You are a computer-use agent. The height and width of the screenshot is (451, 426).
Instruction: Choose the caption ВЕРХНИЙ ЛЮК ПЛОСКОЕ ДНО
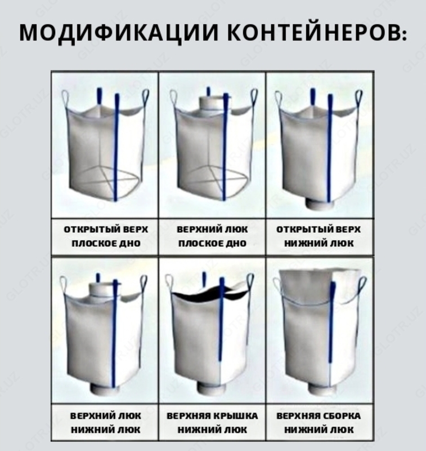212,237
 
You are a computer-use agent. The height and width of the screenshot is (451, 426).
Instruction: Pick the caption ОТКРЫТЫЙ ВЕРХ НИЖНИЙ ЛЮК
319,237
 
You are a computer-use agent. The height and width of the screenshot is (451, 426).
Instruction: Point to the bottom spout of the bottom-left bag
102,389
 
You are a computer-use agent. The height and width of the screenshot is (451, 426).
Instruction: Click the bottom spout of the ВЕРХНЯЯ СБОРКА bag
316,389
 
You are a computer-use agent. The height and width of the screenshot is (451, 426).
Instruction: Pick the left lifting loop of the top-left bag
66,100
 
